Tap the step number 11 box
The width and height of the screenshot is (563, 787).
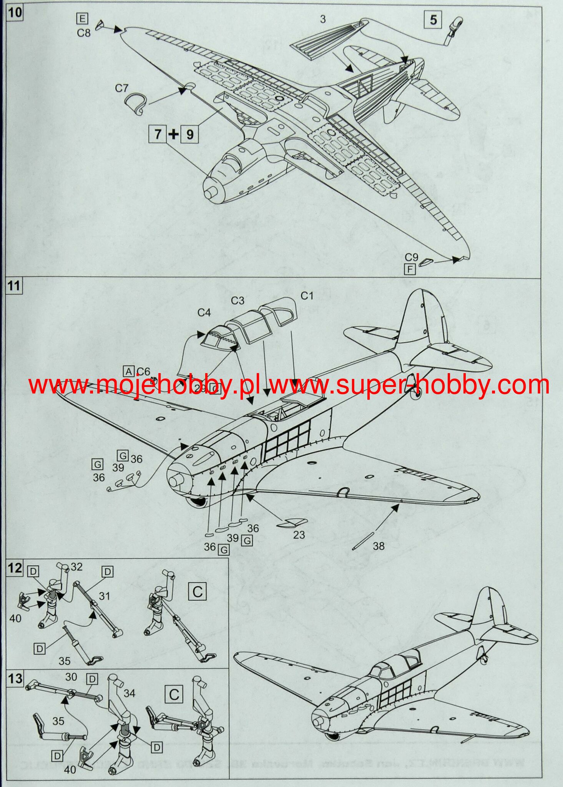click(x=14, y=286)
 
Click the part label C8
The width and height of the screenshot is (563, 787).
click(x=83, y=33)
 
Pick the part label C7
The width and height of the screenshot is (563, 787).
click(x=121, y=88)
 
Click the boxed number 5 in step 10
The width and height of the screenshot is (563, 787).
click(x=433, y=20)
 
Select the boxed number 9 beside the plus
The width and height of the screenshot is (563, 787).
click(x=189, y=134)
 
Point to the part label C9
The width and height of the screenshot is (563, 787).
click(x=411, y=257)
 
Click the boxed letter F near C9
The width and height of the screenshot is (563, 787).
click(x=410, y=269)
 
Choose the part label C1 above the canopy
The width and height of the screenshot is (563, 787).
click(x=307, y=296)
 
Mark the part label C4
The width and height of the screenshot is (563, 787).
click(x=204, y=313)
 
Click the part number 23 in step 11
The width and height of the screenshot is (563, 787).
click(x=299, y=535)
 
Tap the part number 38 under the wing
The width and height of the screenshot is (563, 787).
click(x=379, y=546)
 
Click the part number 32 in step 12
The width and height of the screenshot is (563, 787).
click(x=76, y=567)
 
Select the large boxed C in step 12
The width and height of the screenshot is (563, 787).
click(x=198, y=591)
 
